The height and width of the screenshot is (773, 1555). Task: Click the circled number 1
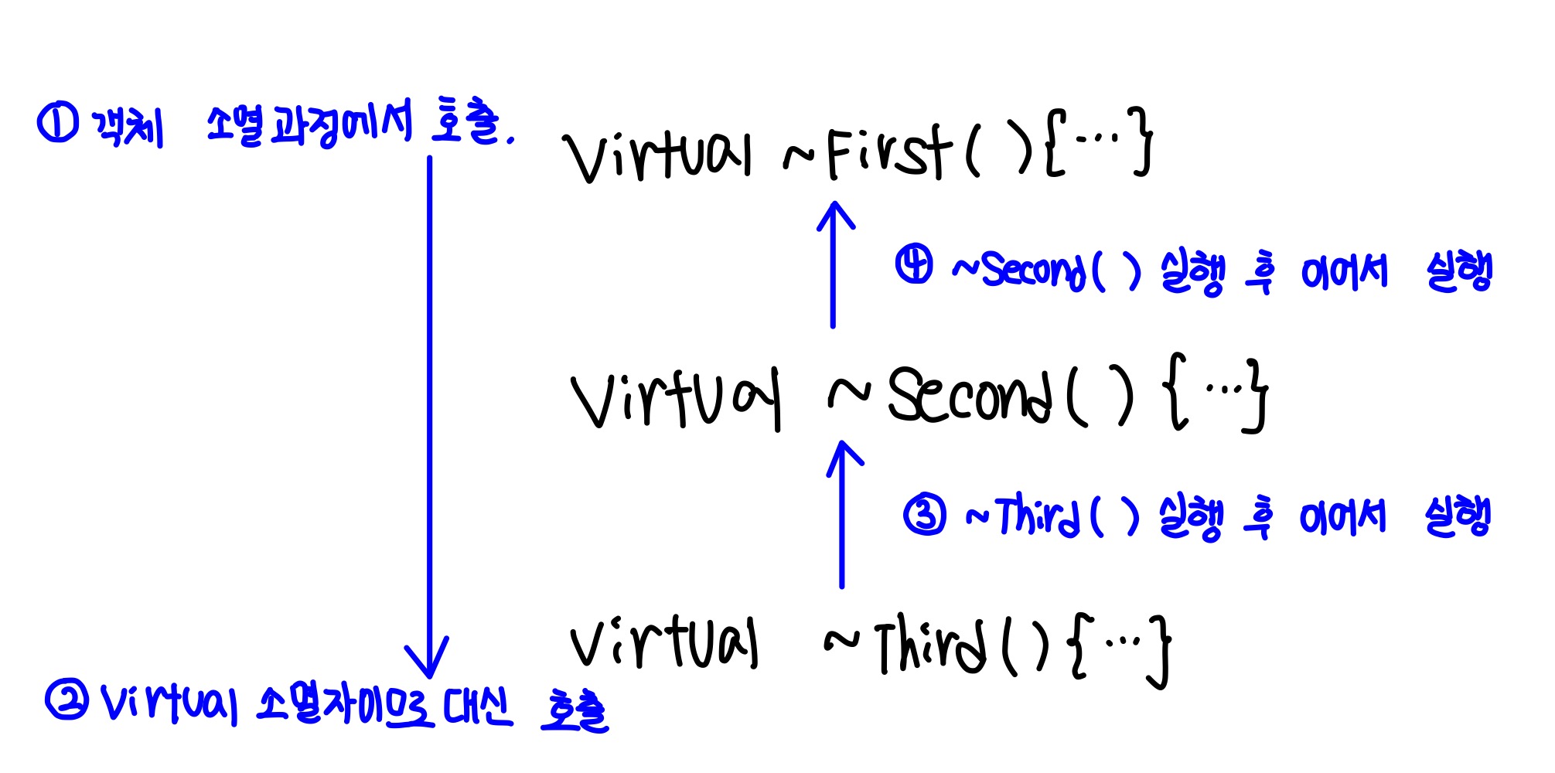click(x=56, y=124)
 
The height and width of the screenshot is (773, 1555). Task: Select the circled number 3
click(x=925, y=516)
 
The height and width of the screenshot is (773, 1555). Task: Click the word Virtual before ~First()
click(x=657, y=155)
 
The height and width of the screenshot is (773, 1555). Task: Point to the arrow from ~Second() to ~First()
click(x=834, y=263)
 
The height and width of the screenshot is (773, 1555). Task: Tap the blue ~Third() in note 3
click(x=1052, y=516)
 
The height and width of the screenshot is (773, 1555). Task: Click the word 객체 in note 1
click(x=128, y=125)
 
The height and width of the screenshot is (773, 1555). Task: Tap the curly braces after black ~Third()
click(x=1121, y=648)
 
